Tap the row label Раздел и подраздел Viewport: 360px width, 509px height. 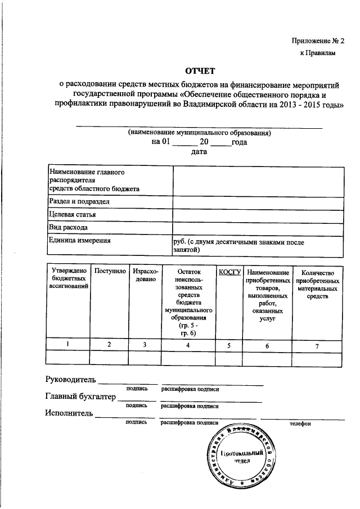click(79, 201)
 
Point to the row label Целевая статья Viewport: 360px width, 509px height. click(73, 215)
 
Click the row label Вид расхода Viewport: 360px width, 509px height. click(68, 228)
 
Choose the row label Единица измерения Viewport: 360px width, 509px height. click(79, 241)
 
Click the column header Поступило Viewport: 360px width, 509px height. click(110, 272)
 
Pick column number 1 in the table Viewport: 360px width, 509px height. click(68, 344)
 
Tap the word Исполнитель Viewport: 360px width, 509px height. click(68, 413)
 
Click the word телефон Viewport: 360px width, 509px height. click(300, 424)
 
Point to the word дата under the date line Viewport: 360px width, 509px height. click(199, 152)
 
